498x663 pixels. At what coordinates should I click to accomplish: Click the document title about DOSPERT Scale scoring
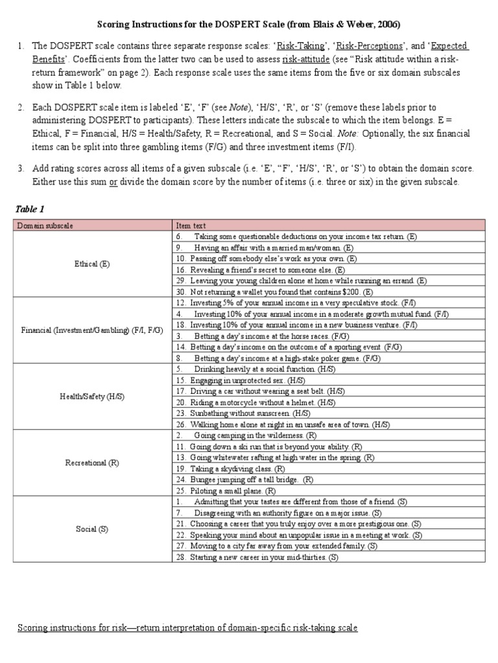tap(249, 25)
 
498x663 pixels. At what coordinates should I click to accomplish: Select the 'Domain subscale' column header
tap(45, 225)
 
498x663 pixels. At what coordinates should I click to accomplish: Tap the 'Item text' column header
tap(191, 225)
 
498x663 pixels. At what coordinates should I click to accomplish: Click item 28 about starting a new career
tap(257, 557)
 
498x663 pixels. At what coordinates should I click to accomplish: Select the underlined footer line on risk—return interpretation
tap(187, 628)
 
